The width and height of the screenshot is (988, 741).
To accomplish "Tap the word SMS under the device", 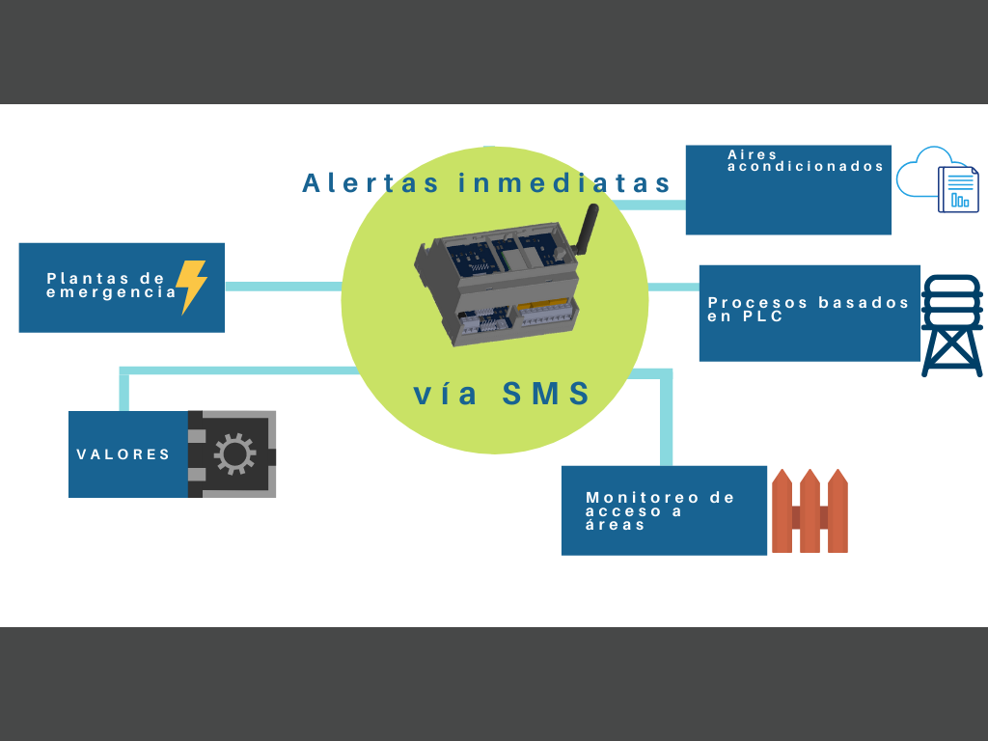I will click(546, 394).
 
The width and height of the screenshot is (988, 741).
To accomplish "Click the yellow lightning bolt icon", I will click(191, 287).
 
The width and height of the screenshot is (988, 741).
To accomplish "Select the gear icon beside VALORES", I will click(234, 454).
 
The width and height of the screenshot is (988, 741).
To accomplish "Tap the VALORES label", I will click(123, 454).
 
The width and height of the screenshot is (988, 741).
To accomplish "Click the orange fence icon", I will click(810, 511).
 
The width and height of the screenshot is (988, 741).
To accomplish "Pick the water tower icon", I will click(951, 325).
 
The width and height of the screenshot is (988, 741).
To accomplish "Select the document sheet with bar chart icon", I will click(959, 189).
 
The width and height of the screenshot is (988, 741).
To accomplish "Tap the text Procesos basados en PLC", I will click(808, 309).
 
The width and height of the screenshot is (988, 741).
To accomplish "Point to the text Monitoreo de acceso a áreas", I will click(660, 510).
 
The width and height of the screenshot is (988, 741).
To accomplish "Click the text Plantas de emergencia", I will click(111, 285).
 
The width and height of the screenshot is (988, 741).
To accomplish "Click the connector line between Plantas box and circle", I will click(283, 286).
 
